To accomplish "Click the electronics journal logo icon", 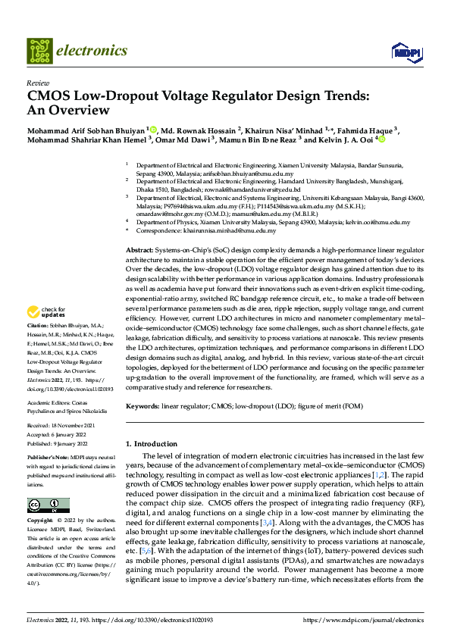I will coord(39,51).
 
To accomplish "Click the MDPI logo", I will coord(404,52).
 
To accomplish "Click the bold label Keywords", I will coord(142,407).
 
